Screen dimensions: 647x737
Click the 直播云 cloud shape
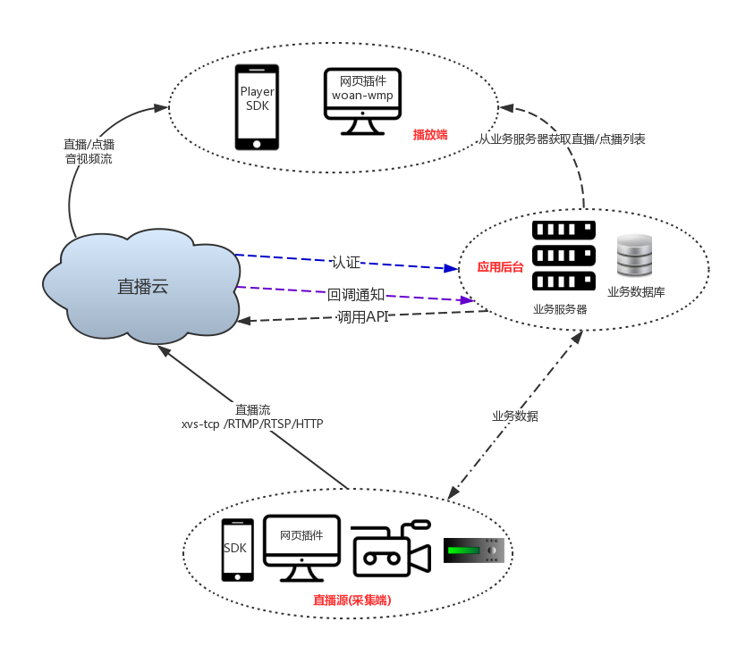(x=143, y=286)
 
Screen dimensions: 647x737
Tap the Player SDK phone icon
(x=257, y=106)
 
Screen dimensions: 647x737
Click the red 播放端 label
(x=429, y=135)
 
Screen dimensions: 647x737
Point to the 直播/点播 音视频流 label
(x=89, y=151)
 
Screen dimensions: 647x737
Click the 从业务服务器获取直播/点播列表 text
(x=562, y=139)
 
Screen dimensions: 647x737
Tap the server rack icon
(x=563, y=256)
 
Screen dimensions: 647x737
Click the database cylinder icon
(x=635, y=256)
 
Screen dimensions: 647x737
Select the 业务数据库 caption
(x=636, y=292)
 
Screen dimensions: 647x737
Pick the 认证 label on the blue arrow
(x=345, y=262)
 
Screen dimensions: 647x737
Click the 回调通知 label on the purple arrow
(x=356, y=294)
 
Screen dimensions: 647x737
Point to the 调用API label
(x=362, y=316)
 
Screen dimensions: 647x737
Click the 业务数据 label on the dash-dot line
(x=514, y=416)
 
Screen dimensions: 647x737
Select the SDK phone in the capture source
(x=237, y=550)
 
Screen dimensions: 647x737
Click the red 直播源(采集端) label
(x=352, y=601)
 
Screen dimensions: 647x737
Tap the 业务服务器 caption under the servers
(x=560, y=309)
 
